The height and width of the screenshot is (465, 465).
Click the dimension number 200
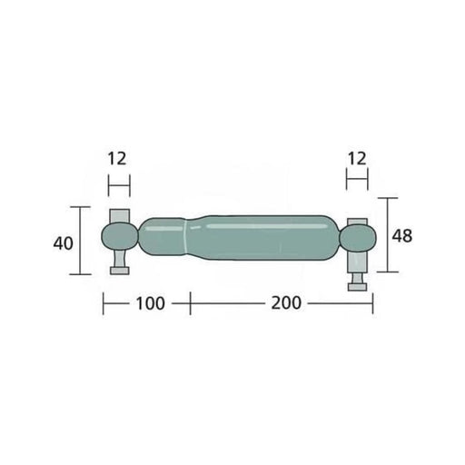tap(285, 303)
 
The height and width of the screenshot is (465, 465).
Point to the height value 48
tap(401, 235)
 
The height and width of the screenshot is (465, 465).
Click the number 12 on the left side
tap(118, 158)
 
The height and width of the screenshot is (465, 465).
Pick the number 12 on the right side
tap(357, 158)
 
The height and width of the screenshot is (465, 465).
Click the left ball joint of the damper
tap(119, 239)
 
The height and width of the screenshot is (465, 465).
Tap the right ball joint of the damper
tap(357, 239)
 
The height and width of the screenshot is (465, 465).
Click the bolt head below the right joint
tap(360, 288)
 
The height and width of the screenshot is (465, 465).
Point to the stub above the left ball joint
tap(119, 216)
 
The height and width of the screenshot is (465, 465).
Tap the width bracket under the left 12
tap(118, 186)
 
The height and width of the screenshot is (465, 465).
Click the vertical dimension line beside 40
tap(82, 241)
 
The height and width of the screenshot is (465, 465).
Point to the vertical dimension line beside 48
tap(388, 235)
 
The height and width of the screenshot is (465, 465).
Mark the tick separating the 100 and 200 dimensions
tap(190, 303)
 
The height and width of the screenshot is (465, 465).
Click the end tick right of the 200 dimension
tap(372, 303)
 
